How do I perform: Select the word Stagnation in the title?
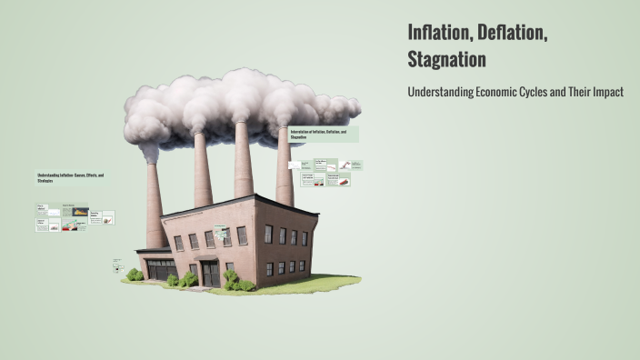[447, 60]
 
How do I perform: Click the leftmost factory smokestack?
[155, 205]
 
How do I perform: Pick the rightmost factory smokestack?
[285, 168]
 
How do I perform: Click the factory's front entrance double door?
[210, 274]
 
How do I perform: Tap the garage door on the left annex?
[162, 270]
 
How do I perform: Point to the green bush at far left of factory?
[135, 275]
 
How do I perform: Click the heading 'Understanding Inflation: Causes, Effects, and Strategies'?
[71, 178]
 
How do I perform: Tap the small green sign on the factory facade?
[221, 232]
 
